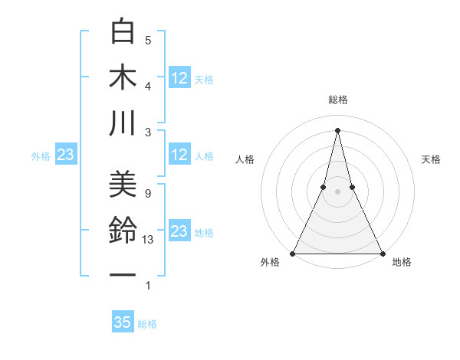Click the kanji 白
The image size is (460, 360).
coord(123,31)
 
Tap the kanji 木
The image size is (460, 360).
coord(123,77)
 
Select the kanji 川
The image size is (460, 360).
coord(123,123)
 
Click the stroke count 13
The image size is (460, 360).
coord(148,239)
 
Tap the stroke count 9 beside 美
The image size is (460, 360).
coord(148,193)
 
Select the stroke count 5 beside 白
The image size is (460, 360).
coord(148,40)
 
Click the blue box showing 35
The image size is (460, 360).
coord(123,322)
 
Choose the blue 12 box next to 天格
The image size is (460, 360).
coord(179,77)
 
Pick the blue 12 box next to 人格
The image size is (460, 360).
coord(179,155)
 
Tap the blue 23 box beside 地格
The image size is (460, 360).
coord(179,231)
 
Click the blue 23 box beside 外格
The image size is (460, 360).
coord(66,155)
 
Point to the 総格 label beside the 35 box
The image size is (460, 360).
coord(147,324)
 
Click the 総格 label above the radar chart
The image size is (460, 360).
coord(337,100)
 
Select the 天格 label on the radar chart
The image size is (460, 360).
coord(431,159)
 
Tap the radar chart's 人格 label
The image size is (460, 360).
coord(245,159)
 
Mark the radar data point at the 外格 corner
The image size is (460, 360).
coord(293,253)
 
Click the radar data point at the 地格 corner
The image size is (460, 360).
coord(382,253)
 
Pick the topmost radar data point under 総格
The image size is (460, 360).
coord(337,129)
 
